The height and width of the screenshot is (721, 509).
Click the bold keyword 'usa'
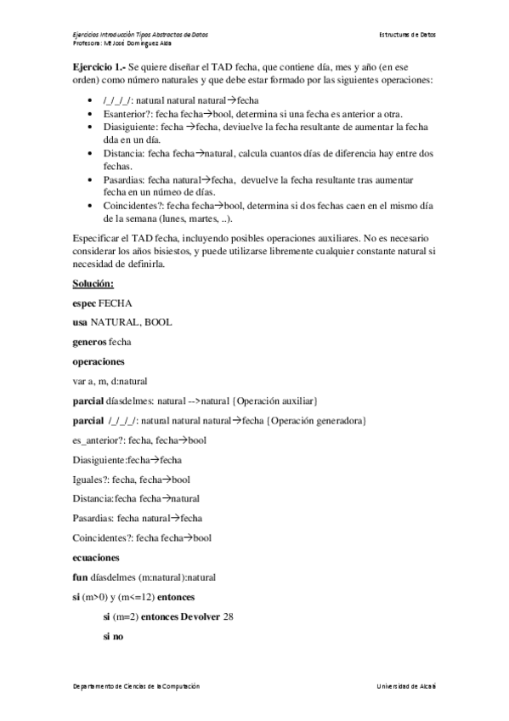click(82, 322)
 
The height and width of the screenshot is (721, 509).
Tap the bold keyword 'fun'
click(81, 576)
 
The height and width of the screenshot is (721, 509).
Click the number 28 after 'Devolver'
click(227, 616)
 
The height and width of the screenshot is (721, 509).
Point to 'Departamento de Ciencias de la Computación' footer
click(136, 685)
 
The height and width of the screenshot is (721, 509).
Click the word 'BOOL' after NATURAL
click(159, 322)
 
